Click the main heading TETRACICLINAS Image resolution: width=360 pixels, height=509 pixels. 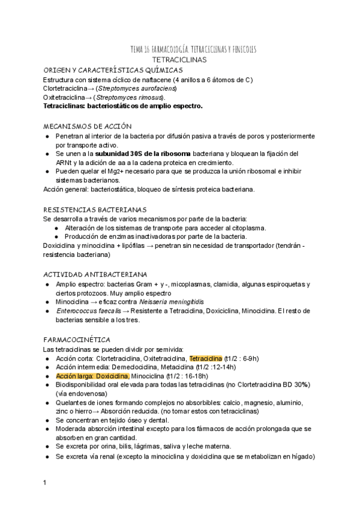click(179, 61)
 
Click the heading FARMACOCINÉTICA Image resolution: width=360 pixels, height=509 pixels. click(76, 340)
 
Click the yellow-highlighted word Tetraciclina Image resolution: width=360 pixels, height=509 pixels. click(205, 358)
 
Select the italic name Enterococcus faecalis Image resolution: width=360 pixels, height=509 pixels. click(83, 311)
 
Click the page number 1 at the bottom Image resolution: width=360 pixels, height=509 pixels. click(45, 483)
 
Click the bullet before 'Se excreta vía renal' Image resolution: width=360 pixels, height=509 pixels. click(47, 457)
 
